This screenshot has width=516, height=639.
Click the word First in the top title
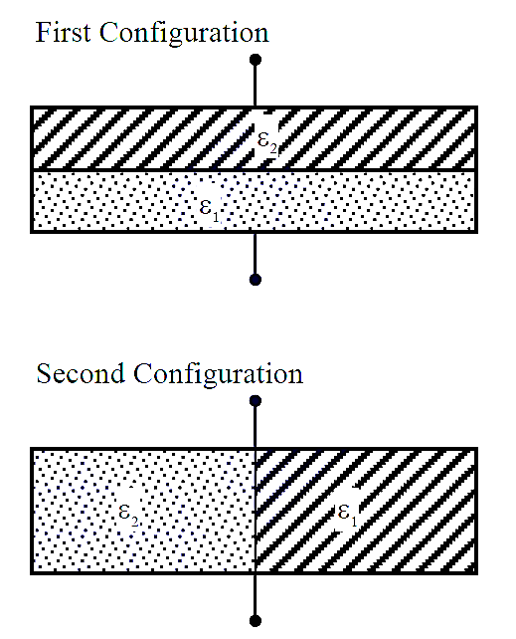[63, 32]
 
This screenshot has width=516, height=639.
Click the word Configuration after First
[184, 34]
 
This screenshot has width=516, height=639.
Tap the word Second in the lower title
[81, 373]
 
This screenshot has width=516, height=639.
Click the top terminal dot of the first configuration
[256, 60]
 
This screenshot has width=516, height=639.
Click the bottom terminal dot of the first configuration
[256, 280]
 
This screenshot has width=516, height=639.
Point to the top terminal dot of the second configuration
[256, 401]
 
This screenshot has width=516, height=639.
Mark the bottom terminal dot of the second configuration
[256, 621]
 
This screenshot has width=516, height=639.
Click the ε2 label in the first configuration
[267, 141]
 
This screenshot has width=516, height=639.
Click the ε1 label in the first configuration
[210, 209]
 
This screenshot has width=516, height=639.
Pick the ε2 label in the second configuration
[128, 515]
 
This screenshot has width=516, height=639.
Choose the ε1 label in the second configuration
[348, 515]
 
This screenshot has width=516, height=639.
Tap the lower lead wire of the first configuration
[256, 254]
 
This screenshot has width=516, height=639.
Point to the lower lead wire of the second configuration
[256, 595]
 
